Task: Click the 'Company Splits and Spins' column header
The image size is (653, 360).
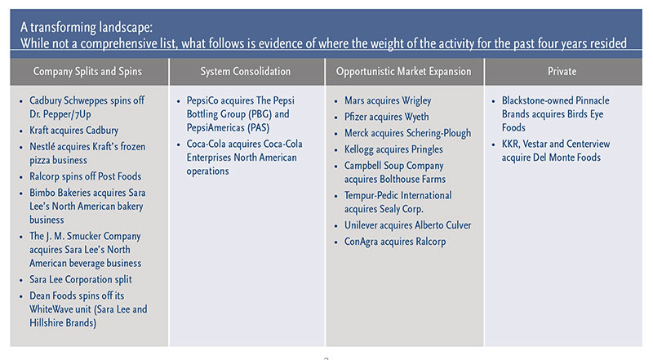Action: pyautogui.click(x=87, y=71)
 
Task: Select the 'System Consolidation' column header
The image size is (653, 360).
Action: pyautogui.click(x=246, y=71)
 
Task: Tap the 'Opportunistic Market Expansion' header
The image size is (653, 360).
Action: pyautogui.click(x=403, y=71)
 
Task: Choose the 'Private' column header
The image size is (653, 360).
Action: pyautogui.click(x=562, y=71)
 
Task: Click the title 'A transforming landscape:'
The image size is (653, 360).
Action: pyautogui.click(x=87, y=28)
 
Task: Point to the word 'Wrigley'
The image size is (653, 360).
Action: pyautogui.click(x=416, y=101)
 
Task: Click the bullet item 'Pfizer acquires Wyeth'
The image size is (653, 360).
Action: pyautogui.click(x=386, y=117)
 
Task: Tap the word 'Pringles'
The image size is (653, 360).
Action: pyautogui.click(x=426, y=149)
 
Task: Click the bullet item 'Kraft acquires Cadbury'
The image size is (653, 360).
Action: pyautogui.click(x=73, y=131)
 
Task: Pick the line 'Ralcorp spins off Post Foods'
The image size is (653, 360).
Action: pyautogui.click(x=86, y=176)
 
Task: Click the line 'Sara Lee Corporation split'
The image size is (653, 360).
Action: pyautogui.click(x=80, y=279)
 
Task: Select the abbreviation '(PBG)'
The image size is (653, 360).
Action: pyautogui.click(x=260, y=114)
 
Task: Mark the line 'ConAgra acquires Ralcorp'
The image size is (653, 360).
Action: pyautogui.click(x=395, y=242)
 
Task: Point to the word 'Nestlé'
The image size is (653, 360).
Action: pyautogui.click(x=42, y=147)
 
